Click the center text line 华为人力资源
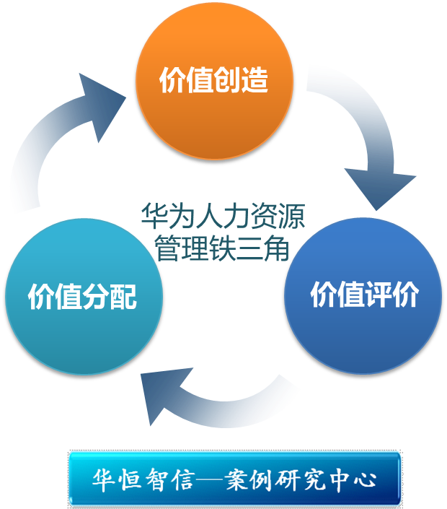(222, 216)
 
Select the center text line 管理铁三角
(222, 248)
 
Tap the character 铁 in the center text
(222, 248)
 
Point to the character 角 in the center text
(276, 248)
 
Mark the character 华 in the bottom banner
(102, 479)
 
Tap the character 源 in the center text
(291, 216)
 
